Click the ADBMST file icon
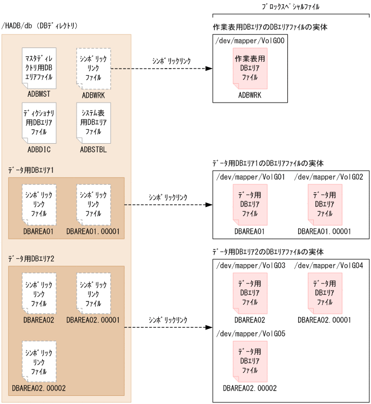(x=39, y=68)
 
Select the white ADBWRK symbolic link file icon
(x=93, y=68)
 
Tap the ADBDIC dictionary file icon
(x=39, y=123)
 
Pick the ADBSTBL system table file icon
(x=93, y=123)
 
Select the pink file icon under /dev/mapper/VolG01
(x=249, y=205)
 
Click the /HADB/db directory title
(x=41, y=25)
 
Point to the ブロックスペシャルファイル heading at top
(x=289, y=7)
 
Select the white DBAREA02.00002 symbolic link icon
(x=39, y=361)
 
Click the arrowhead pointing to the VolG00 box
(x=208, y=69)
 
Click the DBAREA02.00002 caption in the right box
(x=249, y=388)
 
